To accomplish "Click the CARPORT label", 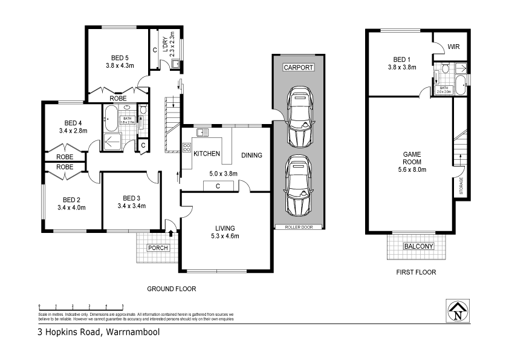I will [x=298, y=67].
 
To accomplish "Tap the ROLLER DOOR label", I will [x=297, y=227].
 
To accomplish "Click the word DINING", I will [x=251, y=155].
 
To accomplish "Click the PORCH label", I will [x=157, y=248].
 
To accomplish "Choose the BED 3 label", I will [x=131, y=198].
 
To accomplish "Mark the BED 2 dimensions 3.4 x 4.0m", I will [x=71, y=208].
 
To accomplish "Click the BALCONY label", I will [x=418, y=246].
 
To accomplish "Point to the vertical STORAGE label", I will [x=461, y=185].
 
